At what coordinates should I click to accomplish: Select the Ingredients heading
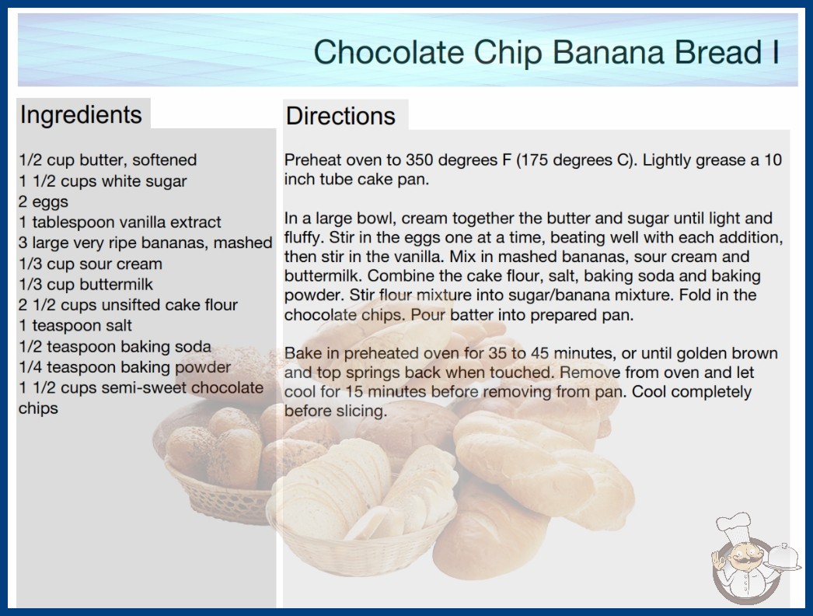81,115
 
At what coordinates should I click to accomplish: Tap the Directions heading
340,116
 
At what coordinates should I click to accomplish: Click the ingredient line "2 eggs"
44,201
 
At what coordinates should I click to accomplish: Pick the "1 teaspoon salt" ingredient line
75,325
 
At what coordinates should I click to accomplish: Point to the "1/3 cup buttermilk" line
86,285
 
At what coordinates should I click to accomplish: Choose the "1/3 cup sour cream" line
90,264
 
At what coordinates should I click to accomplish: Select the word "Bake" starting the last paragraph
302,353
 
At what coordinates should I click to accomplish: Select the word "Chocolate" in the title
389,52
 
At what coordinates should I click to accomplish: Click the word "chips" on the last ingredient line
38,409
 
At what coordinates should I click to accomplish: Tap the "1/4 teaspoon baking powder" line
124,367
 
